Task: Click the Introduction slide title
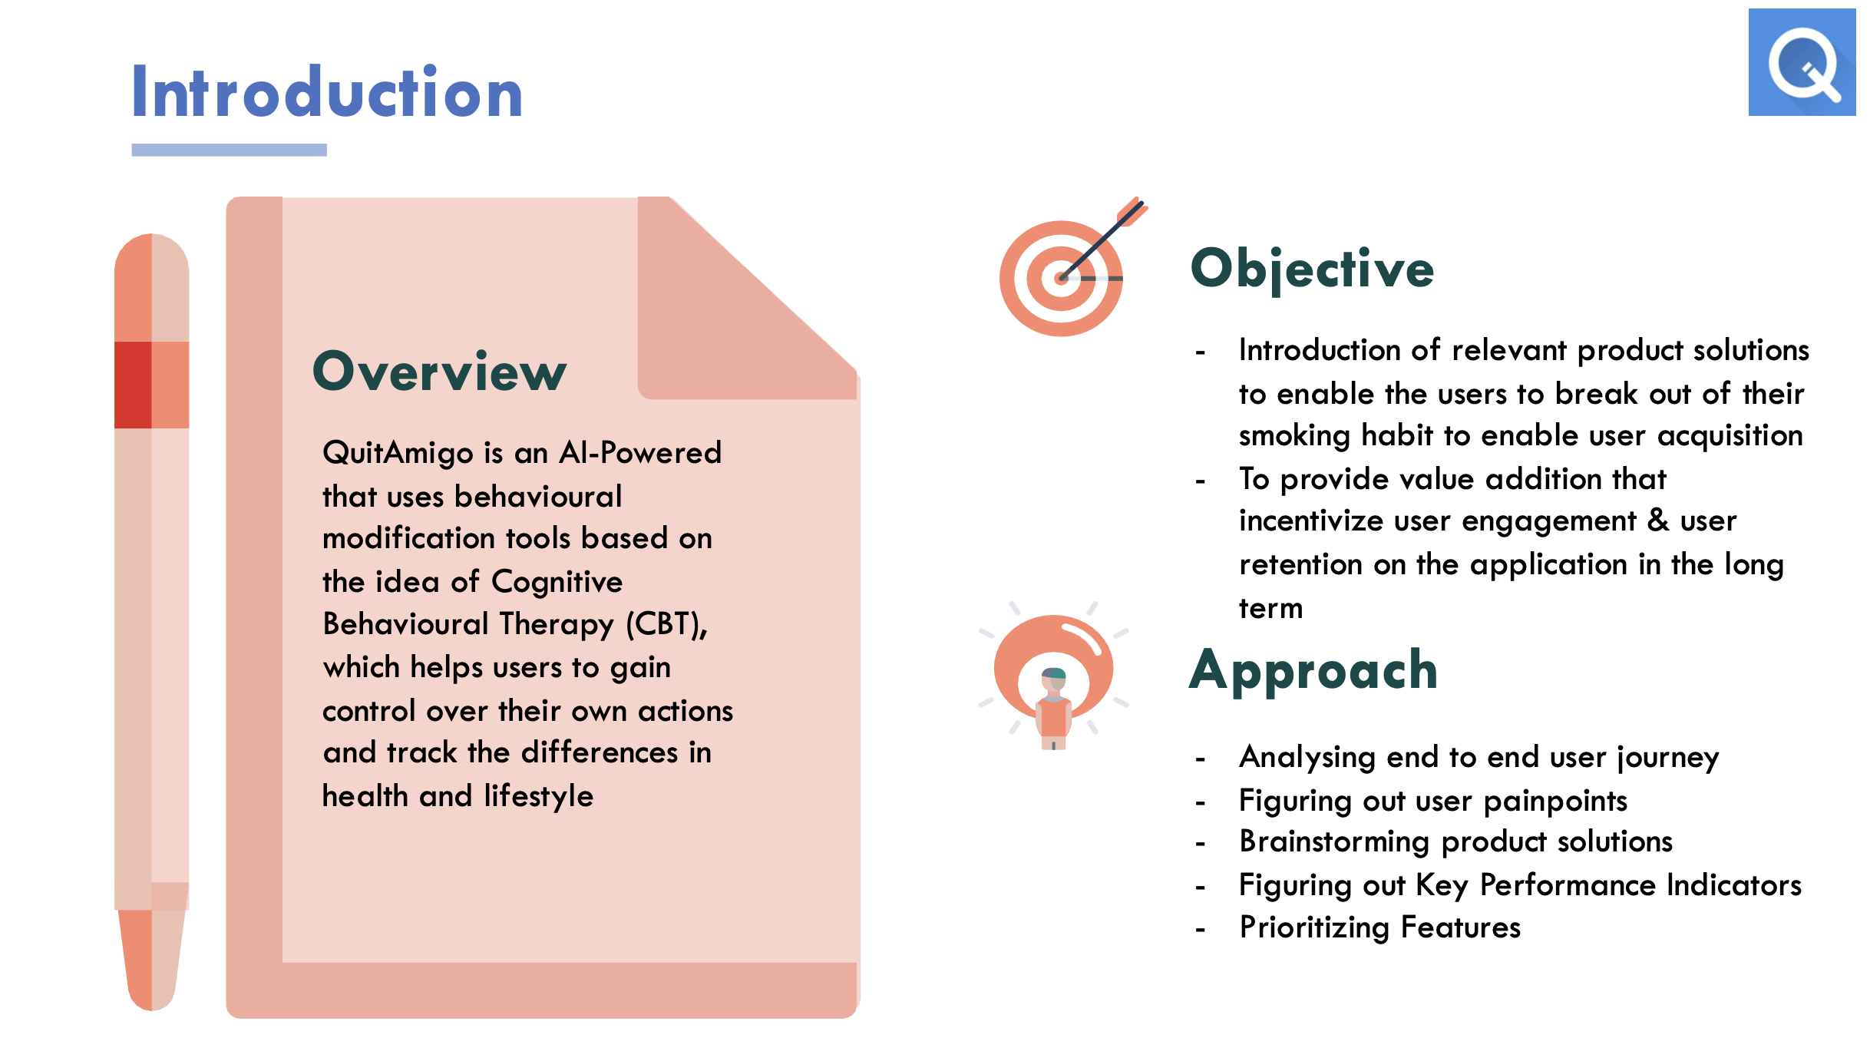pyautogui.click(x=327, y=93)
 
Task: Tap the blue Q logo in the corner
pyautogui.click(x=1802, y=63)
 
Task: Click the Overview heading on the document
pyautogui.click(x=439, y=372)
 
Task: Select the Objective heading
pyautogui.click(x=1312, y=269)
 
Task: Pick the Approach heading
pyautogui.click(x=1313, y=671)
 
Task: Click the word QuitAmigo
pyautogui.click(x=397, y=453)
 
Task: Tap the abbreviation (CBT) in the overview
pyautogui.click(x=666, y=624)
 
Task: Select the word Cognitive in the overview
pyautogui.click(x=557, y=582)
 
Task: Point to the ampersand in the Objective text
pyautogui.click(x=1658, y=521)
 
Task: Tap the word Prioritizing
pyautogui.click(x=1314, y=927)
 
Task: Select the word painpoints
pyautogui.click(x=1555, y=801)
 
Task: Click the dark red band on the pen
pyautogui.click(x=134, y=385)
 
